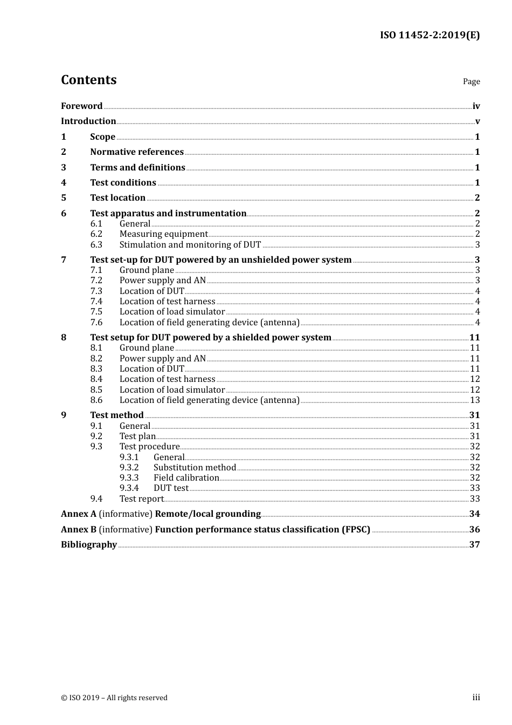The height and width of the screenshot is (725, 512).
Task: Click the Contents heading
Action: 88,80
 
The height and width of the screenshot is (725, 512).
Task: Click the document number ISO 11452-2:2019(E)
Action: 430,35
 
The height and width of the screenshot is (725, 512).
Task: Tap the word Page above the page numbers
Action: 471,81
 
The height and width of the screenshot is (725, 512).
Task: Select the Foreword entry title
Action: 81,106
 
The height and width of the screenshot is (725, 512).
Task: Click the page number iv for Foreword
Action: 476,106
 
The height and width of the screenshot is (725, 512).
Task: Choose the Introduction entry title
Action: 88,121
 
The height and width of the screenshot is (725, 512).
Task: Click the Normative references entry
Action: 137,152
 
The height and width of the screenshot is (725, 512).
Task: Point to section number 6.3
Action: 96,244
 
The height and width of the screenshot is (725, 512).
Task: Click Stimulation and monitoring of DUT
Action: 190,244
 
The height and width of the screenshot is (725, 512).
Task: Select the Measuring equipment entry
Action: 163,234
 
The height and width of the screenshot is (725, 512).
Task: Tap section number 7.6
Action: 96,322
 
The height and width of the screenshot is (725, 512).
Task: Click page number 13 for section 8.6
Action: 475,400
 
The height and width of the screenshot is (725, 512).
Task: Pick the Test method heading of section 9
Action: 117,415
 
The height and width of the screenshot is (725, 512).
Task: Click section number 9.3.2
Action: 129,467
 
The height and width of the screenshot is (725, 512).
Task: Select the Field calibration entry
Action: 186,477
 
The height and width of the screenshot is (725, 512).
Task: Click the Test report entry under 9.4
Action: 141,498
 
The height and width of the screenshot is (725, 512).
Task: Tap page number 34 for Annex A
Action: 474,514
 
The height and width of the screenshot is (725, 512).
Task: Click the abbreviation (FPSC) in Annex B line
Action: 356,529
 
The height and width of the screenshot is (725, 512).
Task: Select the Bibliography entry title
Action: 89,544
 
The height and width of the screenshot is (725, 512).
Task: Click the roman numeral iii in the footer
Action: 476,697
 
